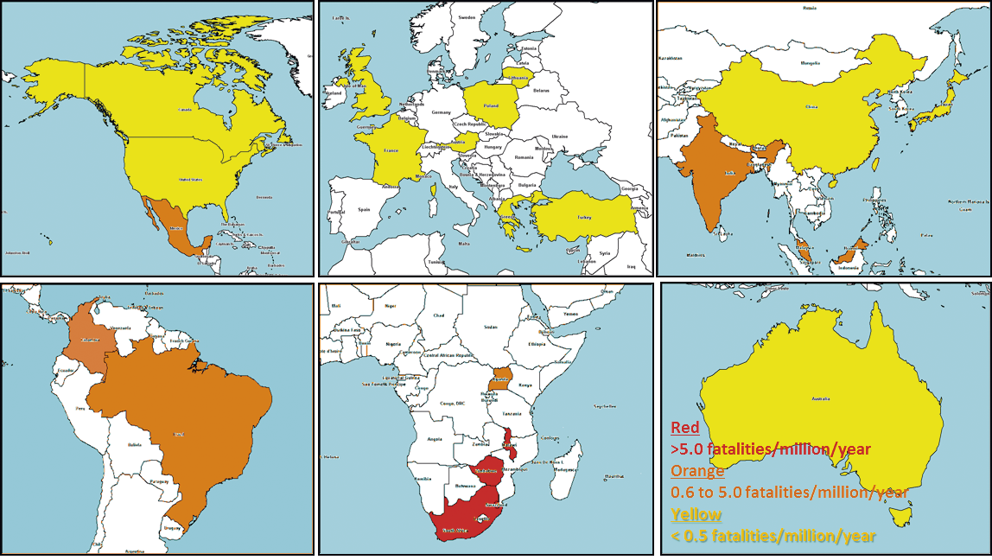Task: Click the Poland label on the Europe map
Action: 491,105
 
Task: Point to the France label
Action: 391,150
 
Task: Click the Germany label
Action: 442,112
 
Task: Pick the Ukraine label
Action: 560,136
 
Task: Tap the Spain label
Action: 365,209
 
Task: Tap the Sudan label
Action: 491,328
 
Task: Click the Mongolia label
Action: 811,63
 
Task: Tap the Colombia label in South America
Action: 89,340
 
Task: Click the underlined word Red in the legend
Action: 685,428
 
